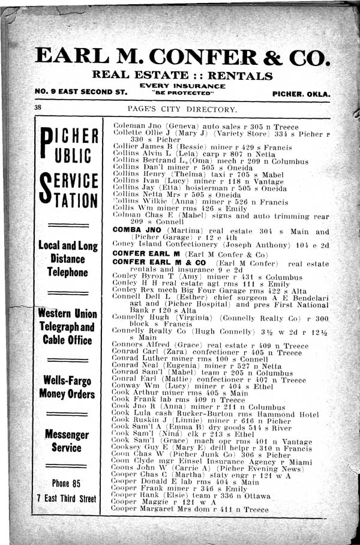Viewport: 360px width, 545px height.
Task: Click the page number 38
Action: (38, 107)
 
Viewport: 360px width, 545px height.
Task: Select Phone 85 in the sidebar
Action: (67, 483)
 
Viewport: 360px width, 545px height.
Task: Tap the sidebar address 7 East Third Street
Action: (66, 498)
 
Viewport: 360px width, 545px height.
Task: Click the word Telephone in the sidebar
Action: (67, 272)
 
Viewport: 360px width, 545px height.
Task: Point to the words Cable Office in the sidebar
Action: (67, 340)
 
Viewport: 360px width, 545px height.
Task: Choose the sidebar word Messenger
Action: (67, 434)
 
